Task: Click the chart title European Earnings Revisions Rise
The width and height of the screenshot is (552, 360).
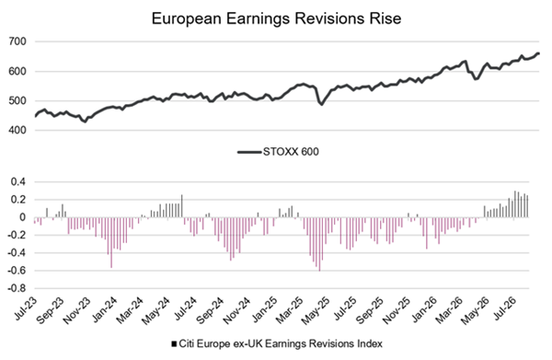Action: (x=276, y=18)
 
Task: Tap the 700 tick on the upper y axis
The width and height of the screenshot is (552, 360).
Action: (x=17, y=41)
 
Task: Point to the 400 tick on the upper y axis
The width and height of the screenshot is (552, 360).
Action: (x=17, y=131)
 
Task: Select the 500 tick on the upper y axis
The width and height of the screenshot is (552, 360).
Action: (x=17, y=100)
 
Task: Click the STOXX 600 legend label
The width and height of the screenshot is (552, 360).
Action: (x=291, y=152)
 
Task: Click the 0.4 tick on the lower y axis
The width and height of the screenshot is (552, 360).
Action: (x=18, y=182)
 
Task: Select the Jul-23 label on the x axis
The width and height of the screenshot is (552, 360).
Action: (x=26, y=308)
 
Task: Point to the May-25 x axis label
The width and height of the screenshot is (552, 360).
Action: (x=316, y=310)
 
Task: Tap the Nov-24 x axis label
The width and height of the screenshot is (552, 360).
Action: (x=236, y=310)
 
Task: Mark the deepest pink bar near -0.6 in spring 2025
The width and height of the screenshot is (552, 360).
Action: (x=319, y=244)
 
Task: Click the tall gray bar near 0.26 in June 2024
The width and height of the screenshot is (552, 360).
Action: (x=181, y=206)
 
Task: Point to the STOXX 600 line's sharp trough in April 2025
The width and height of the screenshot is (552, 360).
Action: (x=321, y=105)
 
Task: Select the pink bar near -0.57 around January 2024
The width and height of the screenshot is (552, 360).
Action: (x=111, y=243)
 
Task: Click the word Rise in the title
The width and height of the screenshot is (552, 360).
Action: (x=385, y=18)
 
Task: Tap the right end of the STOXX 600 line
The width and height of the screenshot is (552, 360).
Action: (x=538, y=53)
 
